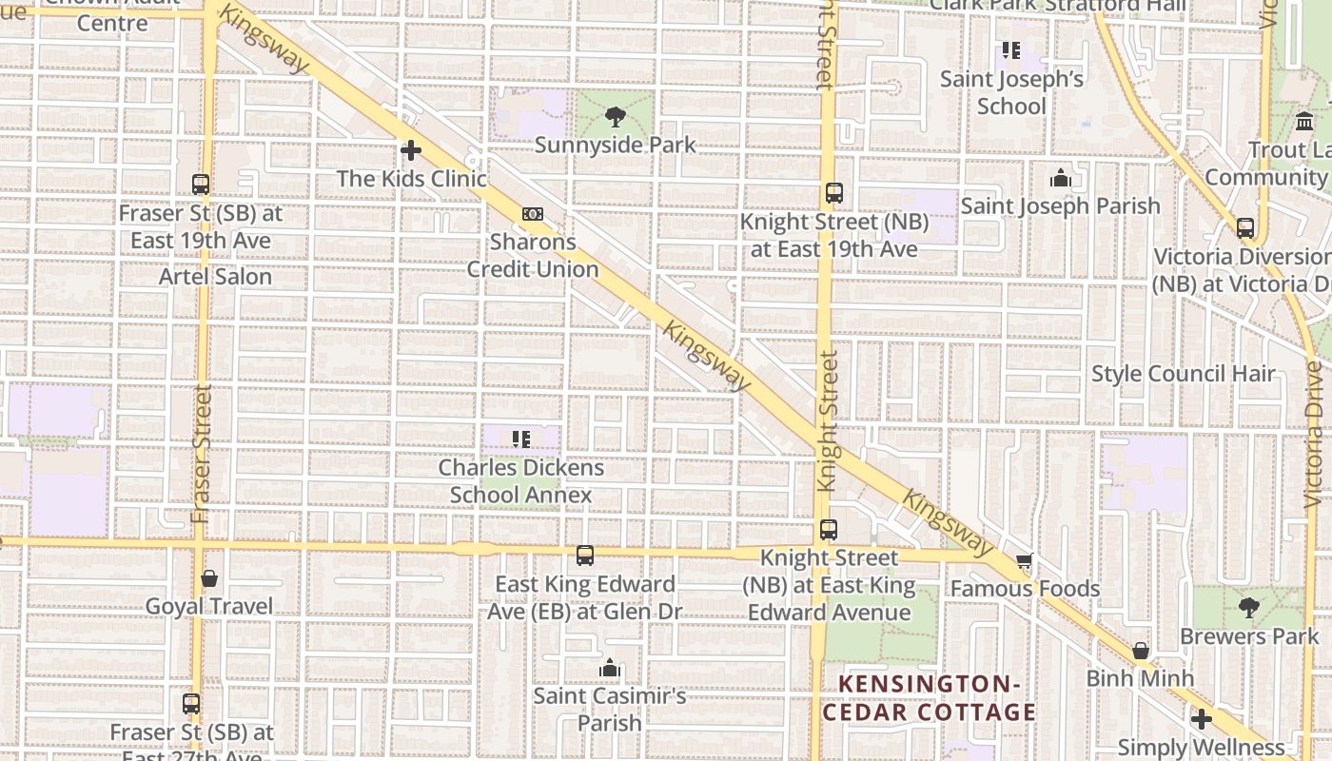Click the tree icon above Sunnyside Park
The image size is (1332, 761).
click(616, 118)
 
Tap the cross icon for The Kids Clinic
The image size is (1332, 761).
click(411, 150)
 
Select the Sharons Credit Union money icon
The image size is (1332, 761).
click(533, 214)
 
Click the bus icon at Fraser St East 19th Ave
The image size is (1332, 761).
click(201, 185)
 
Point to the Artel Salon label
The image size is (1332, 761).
click(215, 277)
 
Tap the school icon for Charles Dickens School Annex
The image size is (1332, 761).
click(520, 439)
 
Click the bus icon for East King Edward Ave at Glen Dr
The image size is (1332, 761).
click(585, 555)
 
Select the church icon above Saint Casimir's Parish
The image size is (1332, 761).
click(610, 669)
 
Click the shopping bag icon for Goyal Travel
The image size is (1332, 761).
click(209, 578)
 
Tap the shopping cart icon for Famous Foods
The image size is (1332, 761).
click(1024, 561)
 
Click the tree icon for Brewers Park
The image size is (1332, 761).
click(1249, 607)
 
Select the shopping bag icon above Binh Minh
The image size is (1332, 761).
click(1140, 651)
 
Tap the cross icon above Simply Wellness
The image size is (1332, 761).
click(1201, 719)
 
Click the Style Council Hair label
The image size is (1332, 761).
click(1183, 374)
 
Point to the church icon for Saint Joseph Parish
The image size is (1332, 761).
click(1060, 178)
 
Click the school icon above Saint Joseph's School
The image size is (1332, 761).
click(1010, 49)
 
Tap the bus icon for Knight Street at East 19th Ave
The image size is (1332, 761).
click(834, 193)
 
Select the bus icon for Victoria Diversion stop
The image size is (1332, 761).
click(1244, 228)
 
